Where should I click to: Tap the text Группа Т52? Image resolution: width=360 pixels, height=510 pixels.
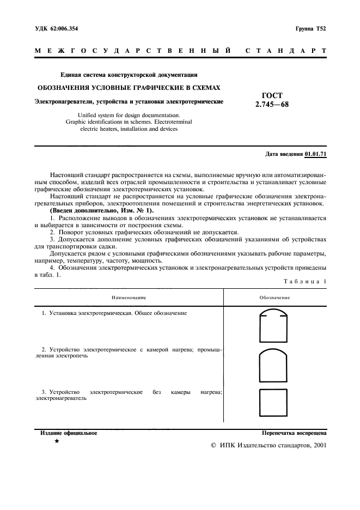click(x=310, y=28)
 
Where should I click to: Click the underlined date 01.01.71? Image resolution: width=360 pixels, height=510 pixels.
click(x=315, y=154)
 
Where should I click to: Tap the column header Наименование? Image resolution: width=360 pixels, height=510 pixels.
click(x=129, y=297)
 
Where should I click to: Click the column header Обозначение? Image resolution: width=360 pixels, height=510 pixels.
click(x=274, y=297)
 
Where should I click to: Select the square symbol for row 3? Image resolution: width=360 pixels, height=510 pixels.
click(x=274, y=404)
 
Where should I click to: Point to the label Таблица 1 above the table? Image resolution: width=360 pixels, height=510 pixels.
click(x=305, y=281)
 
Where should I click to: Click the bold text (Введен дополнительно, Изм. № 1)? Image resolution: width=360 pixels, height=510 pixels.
click(x=102, y=210)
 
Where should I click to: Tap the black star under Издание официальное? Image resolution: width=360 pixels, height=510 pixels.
click(x=57, y=441)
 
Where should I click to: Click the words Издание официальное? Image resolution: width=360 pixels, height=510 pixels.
click(x=69, y=433)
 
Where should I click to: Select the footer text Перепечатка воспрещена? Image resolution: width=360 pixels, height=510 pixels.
click(x=294, y=433)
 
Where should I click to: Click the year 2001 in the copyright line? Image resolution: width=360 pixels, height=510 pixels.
click(x=318, y=445)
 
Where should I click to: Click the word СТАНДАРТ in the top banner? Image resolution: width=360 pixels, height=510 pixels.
click(x=286, y=51)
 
